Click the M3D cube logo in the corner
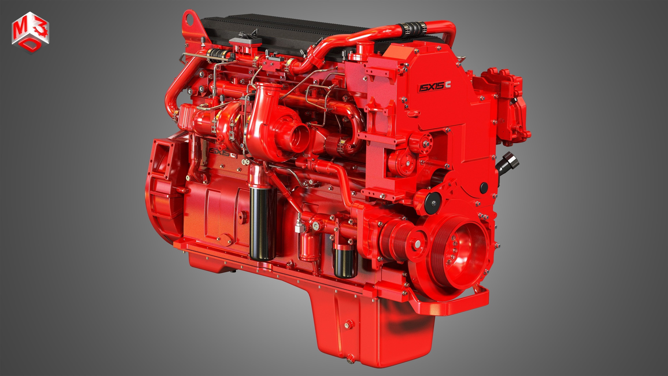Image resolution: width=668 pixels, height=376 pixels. tap(30, 32)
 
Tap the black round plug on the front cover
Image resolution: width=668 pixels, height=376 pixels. tap(484, 187)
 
